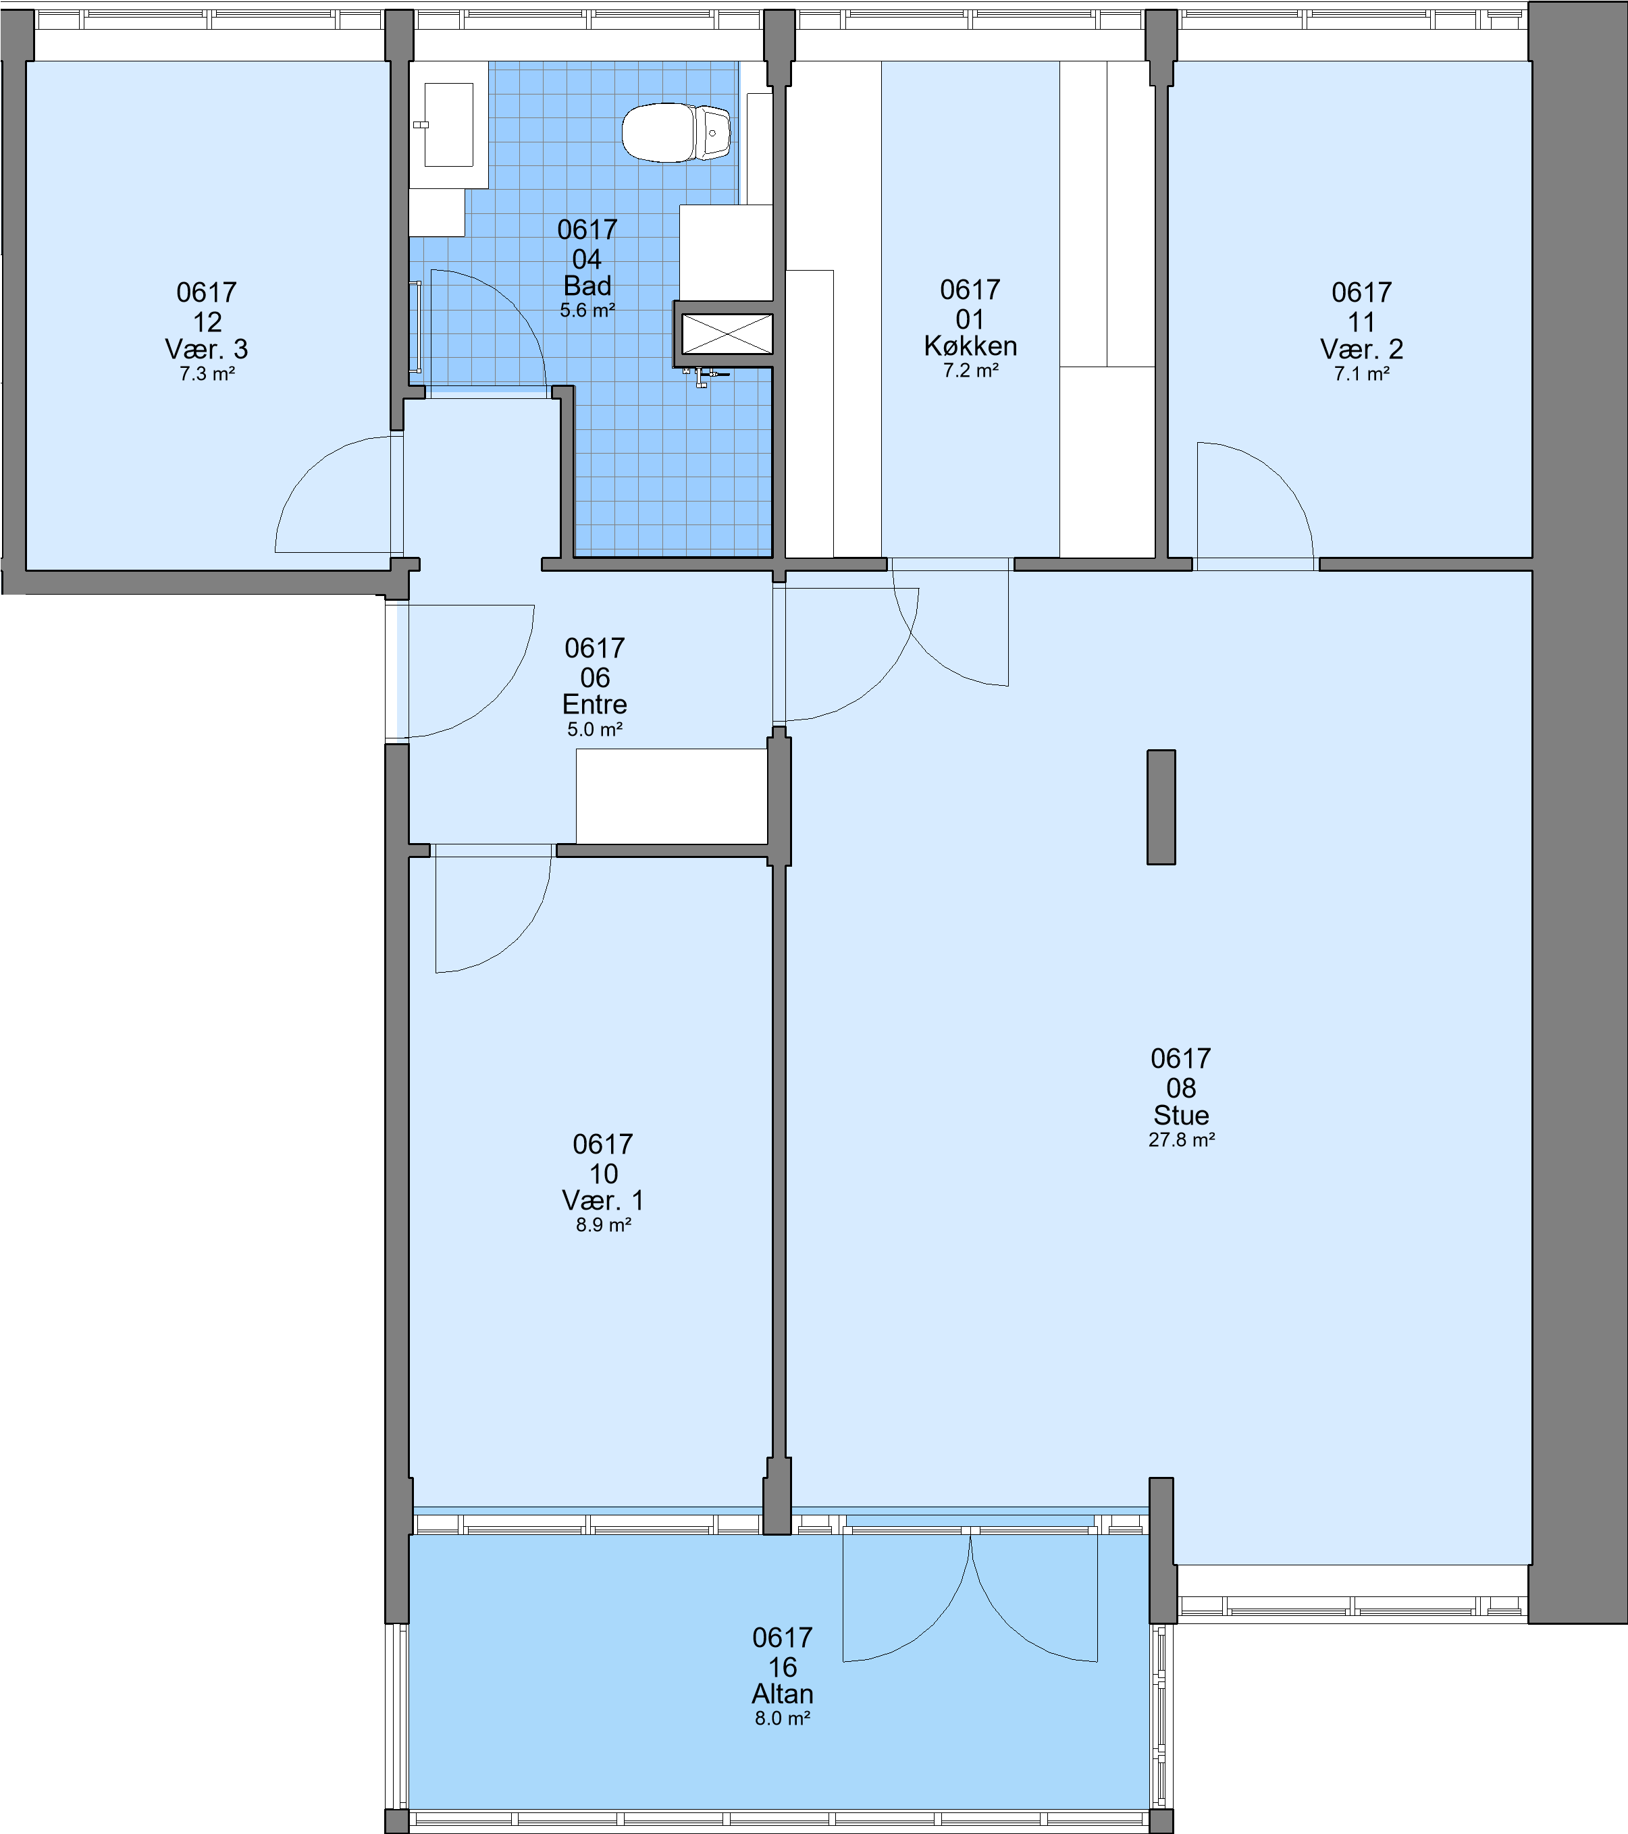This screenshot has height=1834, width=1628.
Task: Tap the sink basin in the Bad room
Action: coord(448,125)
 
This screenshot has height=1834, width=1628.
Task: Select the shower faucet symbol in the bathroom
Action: coord(704,376)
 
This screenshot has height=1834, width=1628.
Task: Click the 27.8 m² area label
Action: coord(1181,1139)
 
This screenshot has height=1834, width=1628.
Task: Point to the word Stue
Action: coord(1181,1114)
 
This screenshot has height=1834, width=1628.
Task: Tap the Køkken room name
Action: coord(970,346)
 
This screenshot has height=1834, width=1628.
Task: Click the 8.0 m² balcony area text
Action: coord(783,1719)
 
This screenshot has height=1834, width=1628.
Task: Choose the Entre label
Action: coord(594,703)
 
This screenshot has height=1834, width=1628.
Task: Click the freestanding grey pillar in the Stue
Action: coord(1161,807)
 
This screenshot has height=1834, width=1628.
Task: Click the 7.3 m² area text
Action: coord(207,373)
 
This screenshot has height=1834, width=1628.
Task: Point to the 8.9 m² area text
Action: coord(603,1224)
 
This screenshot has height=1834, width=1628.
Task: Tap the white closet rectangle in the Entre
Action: coord(671,796)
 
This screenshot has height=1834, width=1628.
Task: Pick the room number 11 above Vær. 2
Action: coord(1361,321)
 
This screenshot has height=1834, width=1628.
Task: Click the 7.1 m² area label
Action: coord(1361,373)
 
